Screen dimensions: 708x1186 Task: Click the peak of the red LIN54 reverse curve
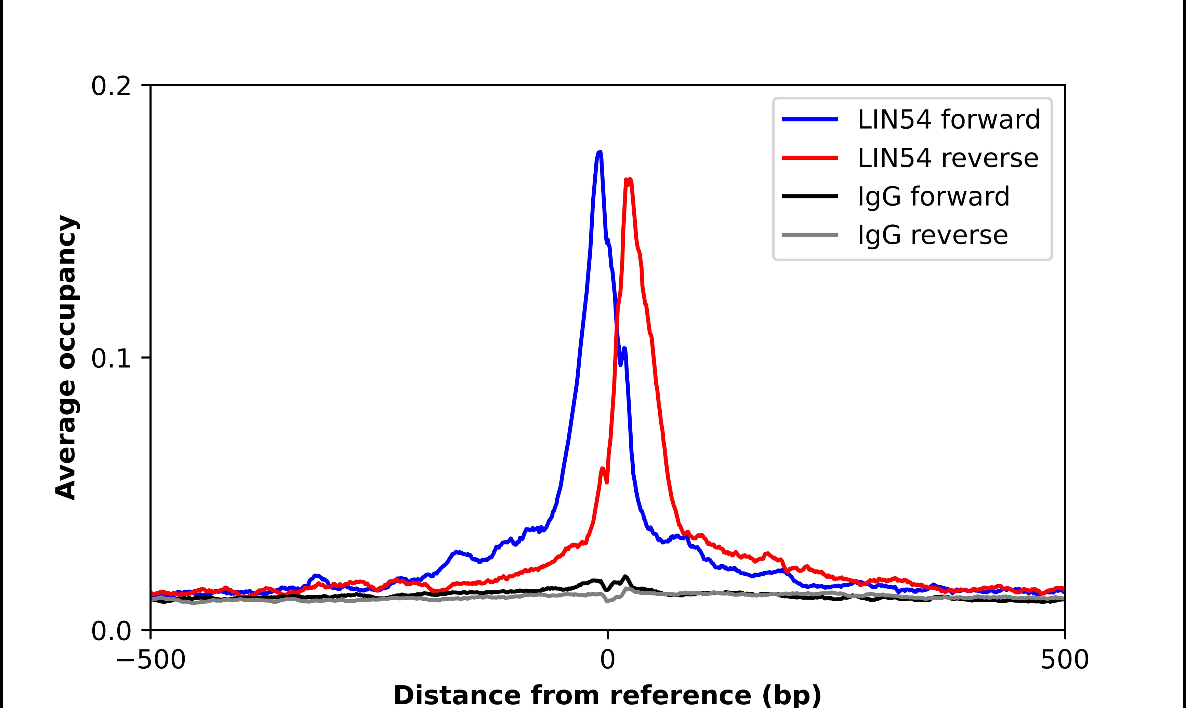tap(629, 180)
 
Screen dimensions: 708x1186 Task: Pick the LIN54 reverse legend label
tap(948, 158)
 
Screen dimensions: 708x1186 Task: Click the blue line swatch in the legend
tap(810, 119)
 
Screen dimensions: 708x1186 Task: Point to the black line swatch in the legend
tap(810, 196)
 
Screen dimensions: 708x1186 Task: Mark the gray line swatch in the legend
tap(810, 235)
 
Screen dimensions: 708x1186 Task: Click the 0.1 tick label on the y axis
tap(111, 359)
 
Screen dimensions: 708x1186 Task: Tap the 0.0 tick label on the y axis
tap(111, 632)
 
